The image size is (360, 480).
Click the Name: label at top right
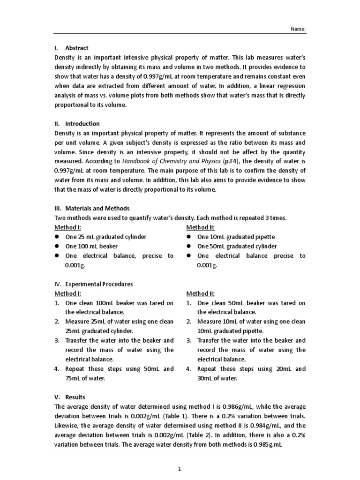click(299, 29)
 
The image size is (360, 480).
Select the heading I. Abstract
click(71, 48)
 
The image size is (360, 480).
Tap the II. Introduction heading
click(77, 124)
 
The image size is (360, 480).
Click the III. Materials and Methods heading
click(92, 208)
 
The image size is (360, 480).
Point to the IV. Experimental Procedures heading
click(93, 284)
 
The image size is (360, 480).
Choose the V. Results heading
click(70, 397)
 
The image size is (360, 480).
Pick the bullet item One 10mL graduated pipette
click(236, 237)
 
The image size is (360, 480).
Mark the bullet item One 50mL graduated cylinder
click(237, 246)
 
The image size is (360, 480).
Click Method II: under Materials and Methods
click(201, 227)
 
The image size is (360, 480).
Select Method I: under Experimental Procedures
click(67, 293)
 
